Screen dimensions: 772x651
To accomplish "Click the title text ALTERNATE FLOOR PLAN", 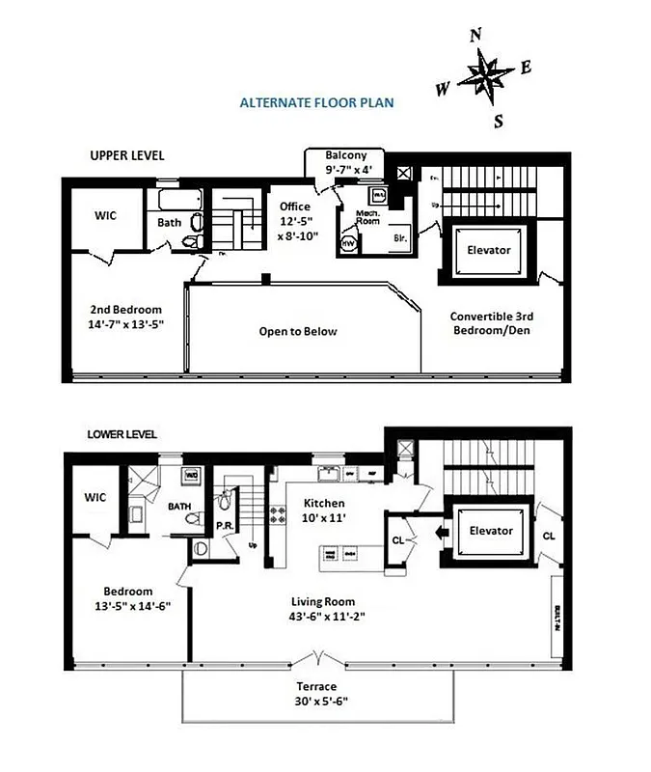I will pyautogui.click(x=316, y=101).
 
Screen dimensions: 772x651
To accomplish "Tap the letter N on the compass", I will pyautogui.click(x=475, y=36).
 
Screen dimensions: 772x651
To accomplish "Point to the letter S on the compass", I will pyautogui.click(x=499, y=121).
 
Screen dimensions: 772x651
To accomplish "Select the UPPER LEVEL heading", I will pyautogui.click(x=127, y=155).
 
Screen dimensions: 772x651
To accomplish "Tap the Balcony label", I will pyautogui.click(x=344, y=155).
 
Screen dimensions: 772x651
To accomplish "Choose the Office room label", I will pyautogui.click(x=295, y=207).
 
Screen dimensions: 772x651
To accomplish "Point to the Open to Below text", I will pyautogui.click(x=298, y=331).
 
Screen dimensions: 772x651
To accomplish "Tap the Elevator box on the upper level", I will pyautogui.click(x=488, y=251).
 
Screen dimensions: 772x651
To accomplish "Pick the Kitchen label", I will pyautogui.click(x=324, y=504).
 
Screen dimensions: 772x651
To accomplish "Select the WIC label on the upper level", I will pyautogui.click(x=105, y=215).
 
